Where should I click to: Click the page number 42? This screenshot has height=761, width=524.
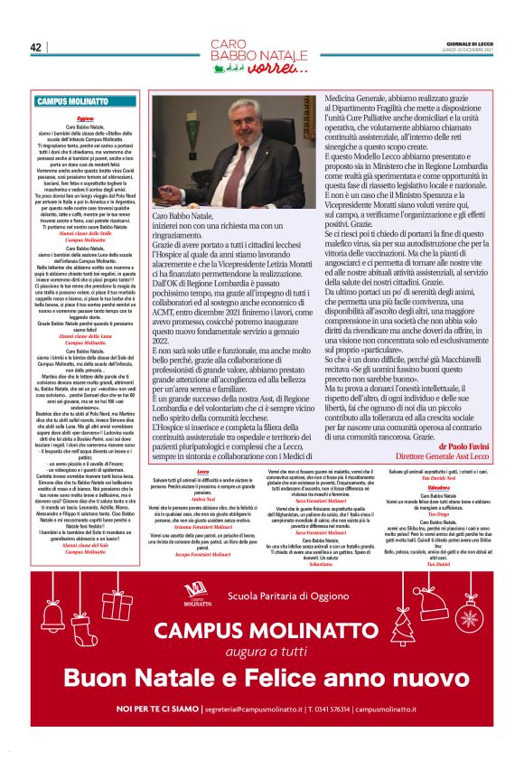pyautogui.click(x=36, y=47)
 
